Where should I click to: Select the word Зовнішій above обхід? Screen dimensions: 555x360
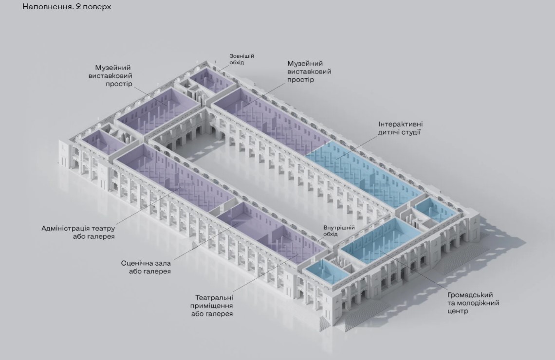242,56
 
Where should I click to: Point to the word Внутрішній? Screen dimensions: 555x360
339,227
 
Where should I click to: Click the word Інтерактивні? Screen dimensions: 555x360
400,124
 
